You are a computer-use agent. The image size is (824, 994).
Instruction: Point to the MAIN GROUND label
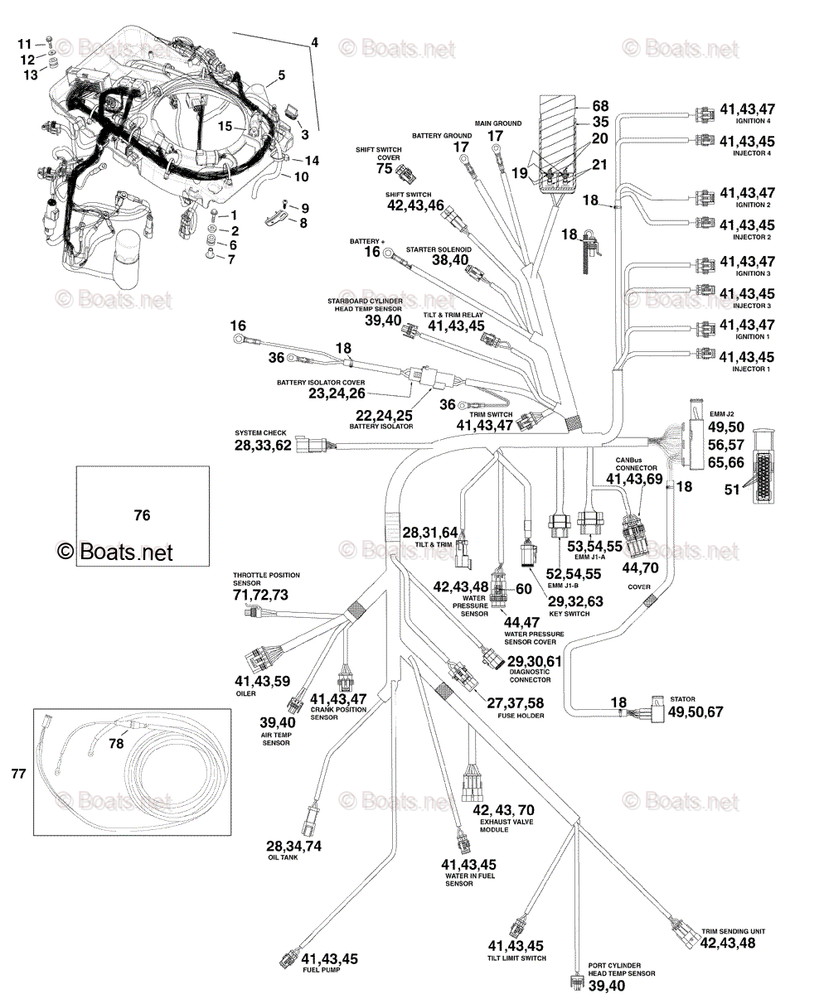[498, 123]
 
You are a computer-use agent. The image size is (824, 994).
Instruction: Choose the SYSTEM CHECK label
[259, 433]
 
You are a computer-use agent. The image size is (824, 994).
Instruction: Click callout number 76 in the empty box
[143, 515]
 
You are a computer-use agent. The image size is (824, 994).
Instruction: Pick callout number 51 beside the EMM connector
[732, 490]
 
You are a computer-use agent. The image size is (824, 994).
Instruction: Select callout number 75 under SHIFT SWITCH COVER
[384, 169]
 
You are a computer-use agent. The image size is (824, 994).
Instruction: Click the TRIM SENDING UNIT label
[733, 931]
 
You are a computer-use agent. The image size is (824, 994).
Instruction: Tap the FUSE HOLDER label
[522, 715]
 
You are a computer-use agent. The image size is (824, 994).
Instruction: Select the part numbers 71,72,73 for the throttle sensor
[261, 595]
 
